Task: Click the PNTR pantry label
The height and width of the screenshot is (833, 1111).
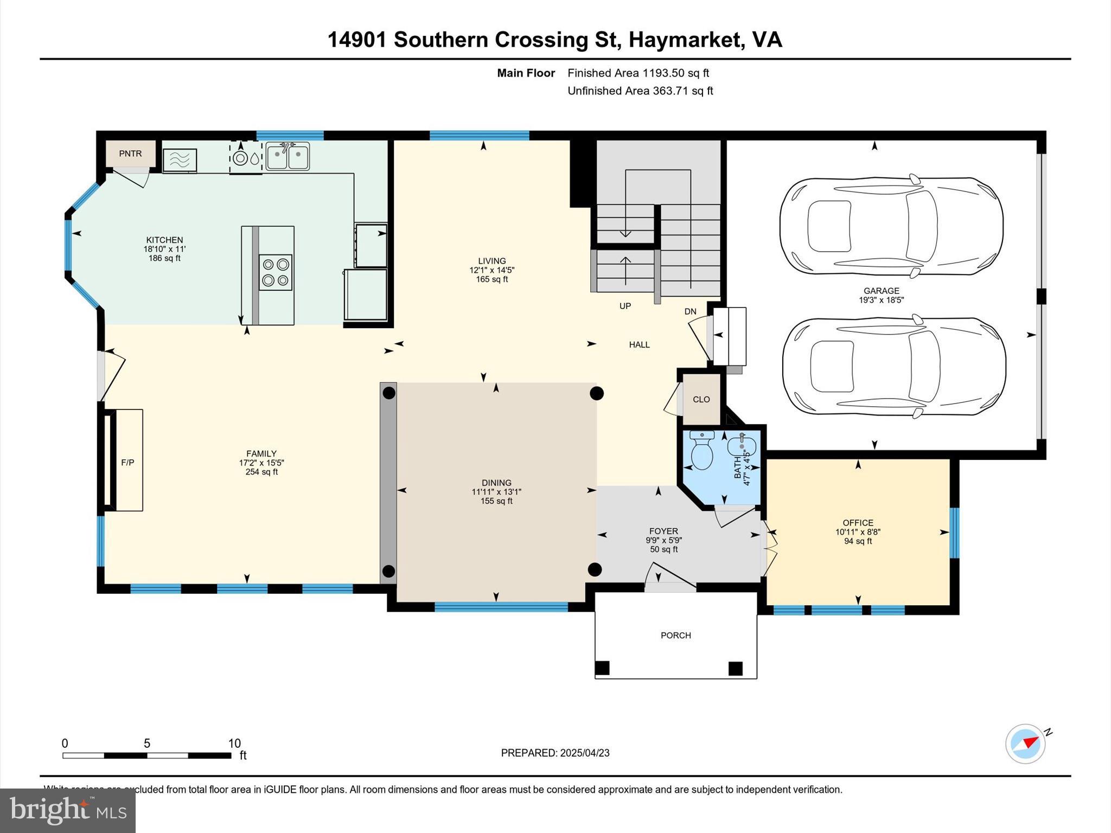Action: (x=130, y=153)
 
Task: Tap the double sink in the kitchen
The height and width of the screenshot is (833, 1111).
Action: (x=288, y=156)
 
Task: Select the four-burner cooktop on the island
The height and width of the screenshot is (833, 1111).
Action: (x=276, y=272)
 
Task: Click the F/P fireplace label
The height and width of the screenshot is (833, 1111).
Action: (x=127, y=463)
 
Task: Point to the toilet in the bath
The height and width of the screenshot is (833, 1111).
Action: (x=702, y=451)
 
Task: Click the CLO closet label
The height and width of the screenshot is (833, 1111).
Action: (x=701, y=399)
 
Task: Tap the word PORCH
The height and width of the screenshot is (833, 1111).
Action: (x=675, y=635)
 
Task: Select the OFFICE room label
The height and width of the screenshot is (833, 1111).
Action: (x=858, y=523)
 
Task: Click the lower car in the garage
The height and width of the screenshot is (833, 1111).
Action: (x=893, y=368)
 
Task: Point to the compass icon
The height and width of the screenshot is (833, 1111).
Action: (x=1025, y=744)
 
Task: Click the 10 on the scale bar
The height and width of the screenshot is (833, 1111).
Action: (x=234, y=744)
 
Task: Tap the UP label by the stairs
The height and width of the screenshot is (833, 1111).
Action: (x=625, y=306)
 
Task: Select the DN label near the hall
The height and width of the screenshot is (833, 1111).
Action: (x=690, y=311)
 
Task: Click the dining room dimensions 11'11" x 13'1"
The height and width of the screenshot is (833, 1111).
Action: (x=496, y=492)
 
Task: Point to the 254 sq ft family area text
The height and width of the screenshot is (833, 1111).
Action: (x=261, y=472)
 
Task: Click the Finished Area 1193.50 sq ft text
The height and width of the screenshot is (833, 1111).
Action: (x=638, y=73)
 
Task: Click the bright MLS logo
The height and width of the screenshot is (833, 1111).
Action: (x=68, y=810)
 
